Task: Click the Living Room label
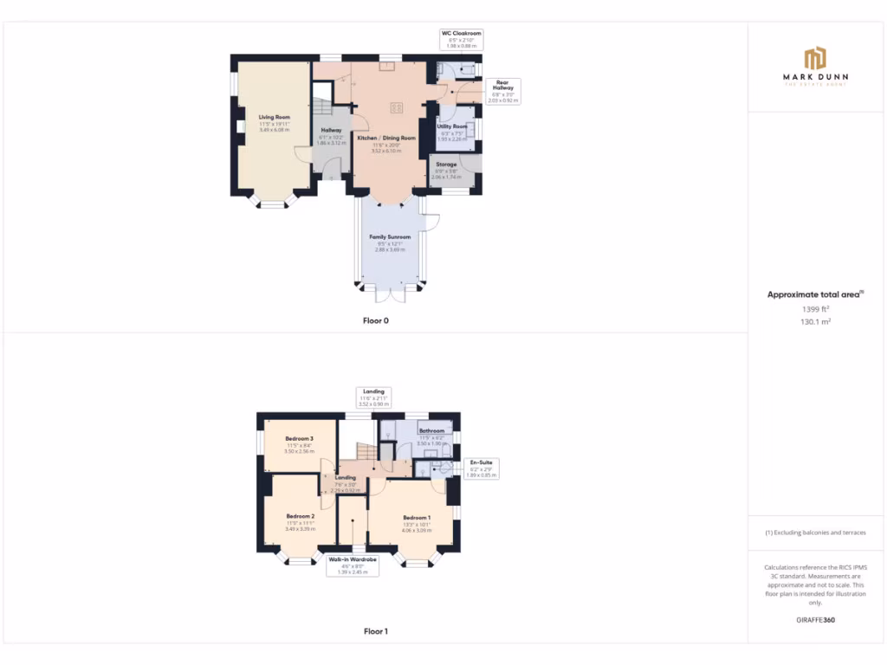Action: point(274,117)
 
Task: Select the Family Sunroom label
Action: point(390,236)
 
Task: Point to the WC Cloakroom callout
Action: point(461,39)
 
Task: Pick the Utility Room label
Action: point(452,126)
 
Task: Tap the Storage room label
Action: point(446,164)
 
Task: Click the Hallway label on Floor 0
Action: point(331,130)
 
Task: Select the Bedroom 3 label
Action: point(299,439)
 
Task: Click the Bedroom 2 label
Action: point(300,516)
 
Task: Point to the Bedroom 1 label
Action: point(417,517)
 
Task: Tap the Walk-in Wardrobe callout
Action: point(352,565)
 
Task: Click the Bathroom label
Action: point(431,430)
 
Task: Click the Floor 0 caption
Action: point(376,320)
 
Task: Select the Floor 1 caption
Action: point(376,631)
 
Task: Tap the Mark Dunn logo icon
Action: point(815,59)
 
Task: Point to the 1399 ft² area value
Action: point(814,308)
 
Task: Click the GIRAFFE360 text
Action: point(815,620)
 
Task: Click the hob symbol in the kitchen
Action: point(396,107)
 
